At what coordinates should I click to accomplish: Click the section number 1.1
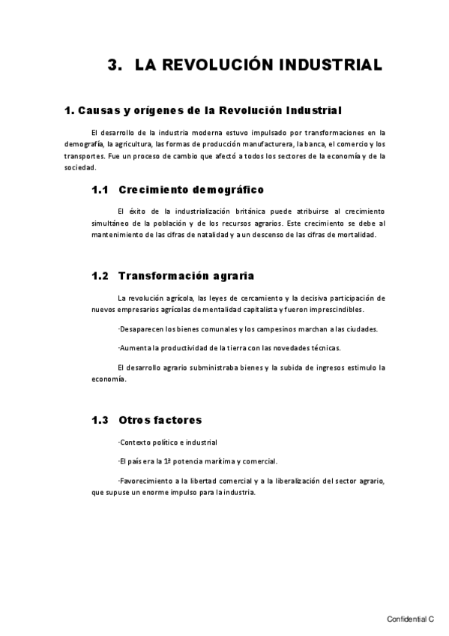point(100,190)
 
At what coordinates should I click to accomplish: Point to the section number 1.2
point(100,275)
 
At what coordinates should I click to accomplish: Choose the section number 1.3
point(100,420)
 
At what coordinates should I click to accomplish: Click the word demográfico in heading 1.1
point(224,190)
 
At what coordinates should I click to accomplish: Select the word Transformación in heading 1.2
point(160,275)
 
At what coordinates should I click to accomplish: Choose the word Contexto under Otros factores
point(136,442)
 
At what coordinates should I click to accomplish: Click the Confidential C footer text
point(410,619)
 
